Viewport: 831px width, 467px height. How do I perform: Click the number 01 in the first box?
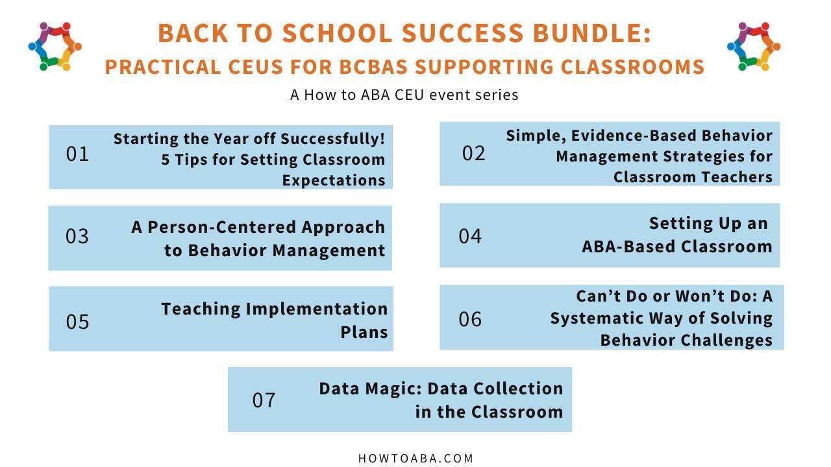(x=77, y=154)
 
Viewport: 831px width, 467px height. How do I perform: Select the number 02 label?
(x=473, y=153)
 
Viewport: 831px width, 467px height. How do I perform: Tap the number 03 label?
(x=77, y=236)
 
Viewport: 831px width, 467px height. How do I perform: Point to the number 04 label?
(x=470, y=236)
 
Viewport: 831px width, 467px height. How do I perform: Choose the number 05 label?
(x=77, y=321)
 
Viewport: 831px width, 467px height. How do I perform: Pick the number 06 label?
(x=470, y=319)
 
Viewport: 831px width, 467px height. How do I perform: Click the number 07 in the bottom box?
(x=264, y=400)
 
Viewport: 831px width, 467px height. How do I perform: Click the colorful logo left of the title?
(x=55, y=46)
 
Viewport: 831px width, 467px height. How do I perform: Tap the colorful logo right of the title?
(x=754, y=46)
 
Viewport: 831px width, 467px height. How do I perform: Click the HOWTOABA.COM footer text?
(x=415, y=459)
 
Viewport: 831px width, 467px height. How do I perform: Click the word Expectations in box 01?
(x=334, y=180)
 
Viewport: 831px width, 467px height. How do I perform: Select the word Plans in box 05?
(x=364, y=332)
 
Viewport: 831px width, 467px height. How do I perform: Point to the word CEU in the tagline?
(x=409, y=95)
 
